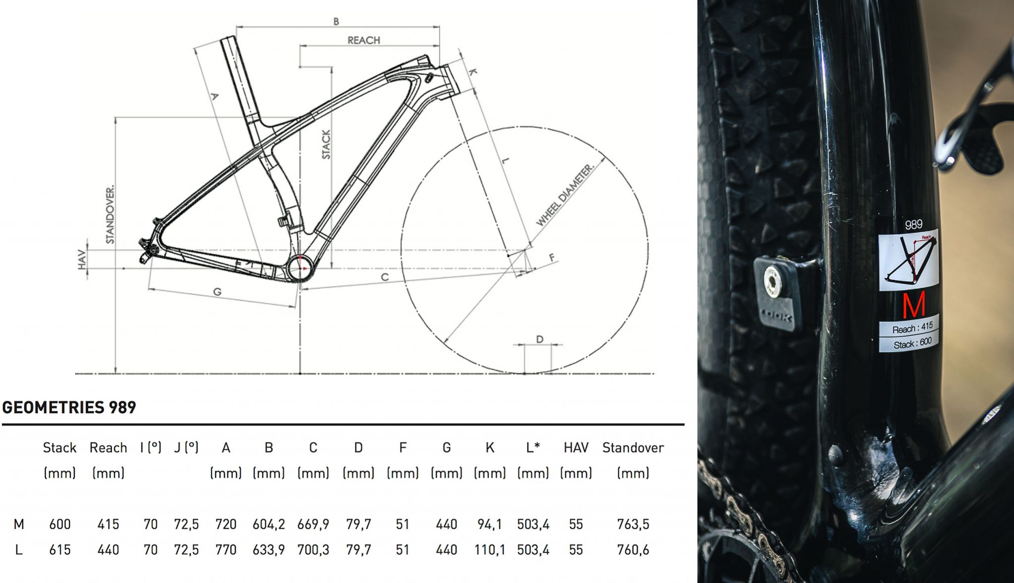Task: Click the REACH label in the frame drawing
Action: coord(363,40)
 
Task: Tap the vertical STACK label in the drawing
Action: coord(326,144)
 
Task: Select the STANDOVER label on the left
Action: coord(110,214)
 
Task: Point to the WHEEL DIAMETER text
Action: coord(564,195)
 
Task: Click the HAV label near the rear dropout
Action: coord(82,260)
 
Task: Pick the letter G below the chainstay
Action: coord(217,292)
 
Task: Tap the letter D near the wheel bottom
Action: coord(540,339)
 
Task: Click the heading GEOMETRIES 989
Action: coord(69,407)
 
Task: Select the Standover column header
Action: coord(633,448)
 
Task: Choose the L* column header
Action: coord(533,448)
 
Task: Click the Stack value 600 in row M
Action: coord(60,524)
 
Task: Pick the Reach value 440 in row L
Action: coord(108,550)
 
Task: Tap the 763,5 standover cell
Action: coord(633,524)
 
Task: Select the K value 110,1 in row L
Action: coord(489,550)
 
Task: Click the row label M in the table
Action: coord(19,524)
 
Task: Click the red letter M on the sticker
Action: coord(913,306)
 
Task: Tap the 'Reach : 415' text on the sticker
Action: coord(912,327)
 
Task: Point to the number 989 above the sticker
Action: coord(913,224)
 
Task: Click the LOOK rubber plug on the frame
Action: coord(775,292)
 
